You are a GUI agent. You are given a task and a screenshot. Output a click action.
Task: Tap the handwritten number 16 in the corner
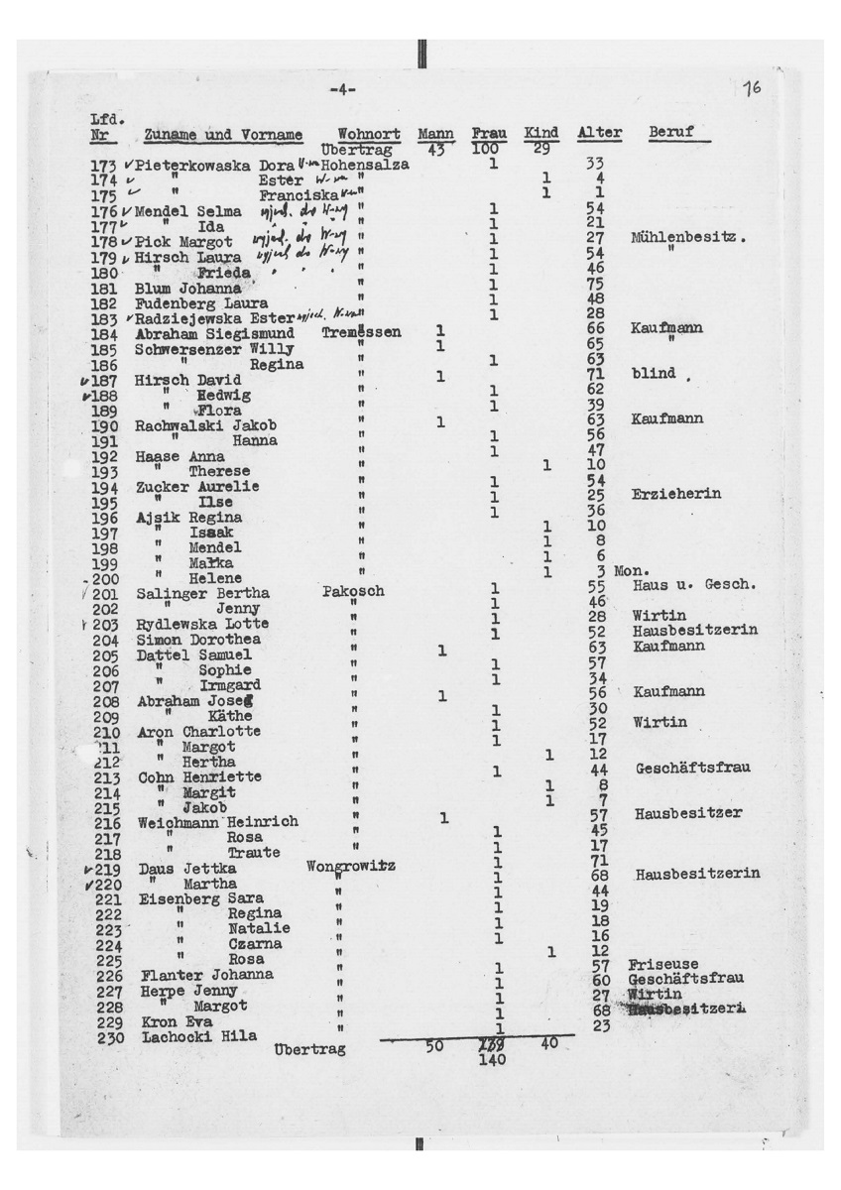pos(751,88)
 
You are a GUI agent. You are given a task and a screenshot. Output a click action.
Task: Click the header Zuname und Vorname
pos(222,134)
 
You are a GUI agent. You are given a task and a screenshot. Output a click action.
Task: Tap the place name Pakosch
pos(353,592)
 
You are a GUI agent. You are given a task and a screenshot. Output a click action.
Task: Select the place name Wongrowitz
pos(351,866)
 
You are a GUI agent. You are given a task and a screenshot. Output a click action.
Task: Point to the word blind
pos(653,373)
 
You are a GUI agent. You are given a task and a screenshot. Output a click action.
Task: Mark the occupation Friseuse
pos(663,964)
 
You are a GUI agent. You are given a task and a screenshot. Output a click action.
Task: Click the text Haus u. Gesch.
pos(694,585)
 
